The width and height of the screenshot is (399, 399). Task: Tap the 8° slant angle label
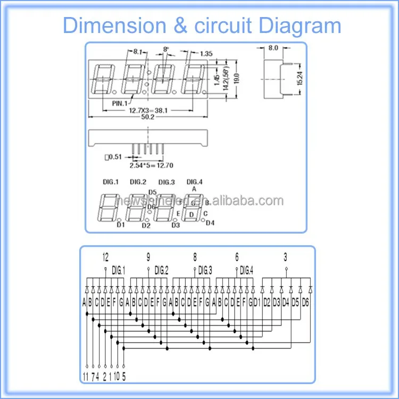coord(165,49)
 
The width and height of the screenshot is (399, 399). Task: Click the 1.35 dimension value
coord(206,53)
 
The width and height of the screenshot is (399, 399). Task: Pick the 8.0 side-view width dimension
coord(273,48)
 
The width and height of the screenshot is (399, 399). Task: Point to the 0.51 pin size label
coord(113,156)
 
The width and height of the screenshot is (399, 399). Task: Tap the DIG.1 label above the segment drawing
coord(110,182)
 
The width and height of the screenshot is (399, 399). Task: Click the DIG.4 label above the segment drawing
coord(195,182)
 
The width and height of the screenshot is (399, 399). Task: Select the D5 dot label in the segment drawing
coord(152,192)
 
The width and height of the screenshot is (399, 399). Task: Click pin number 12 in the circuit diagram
coord(105,257)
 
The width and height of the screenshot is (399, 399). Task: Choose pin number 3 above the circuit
coord(286,257)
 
